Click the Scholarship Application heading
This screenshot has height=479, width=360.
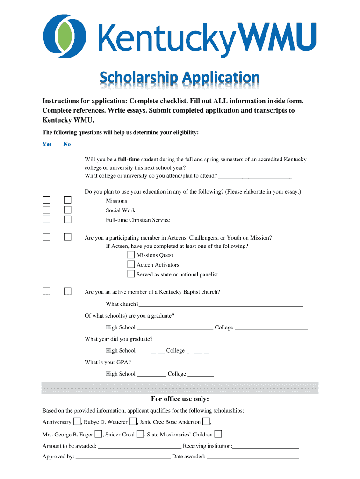pyautogui.click(x=180, y=78)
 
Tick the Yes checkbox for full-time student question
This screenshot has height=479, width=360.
pyautogui.click(x=46, y=159)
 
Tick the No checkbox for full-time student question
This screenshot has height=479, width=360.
pyautogui.click(x=68, y=159)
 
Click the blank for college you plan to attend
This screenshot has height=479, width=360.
pyautogui.click(x=255, y=176)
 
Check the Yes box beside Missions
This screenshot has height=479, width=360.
pyautogui.click(x=46, y=200)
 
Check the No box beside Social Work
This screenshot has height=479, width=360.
pyautogui.click(x=68, y=210)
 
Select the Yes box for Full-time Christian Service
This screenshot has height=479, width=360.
pyautogui.click(x=46, y=219)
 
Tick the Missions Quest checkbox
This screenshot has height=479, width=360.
pyautogui.click(x=131, y=255)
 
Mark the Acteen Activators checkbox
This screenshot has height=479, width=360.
pyautogui.click(x=131, y=264)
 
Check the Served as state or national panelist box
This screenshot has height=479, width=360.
pyautogui.click(x=131, y=274)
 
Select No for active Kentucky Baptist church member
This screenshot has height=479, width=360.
pyautogui.click(x=68, y=291)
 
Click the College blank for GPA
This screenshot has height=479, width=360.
pyautogui.click(x=201, y=375)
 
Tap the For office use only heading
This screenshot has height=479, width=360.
pyautogui.click(x=180, y=399)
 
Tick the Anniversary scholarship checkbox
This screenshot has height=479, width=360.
pyautogui.click(x=77, y=421)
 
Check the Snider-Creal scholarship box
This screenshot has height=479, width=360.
pyautogui.click(x=140, y=434)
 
